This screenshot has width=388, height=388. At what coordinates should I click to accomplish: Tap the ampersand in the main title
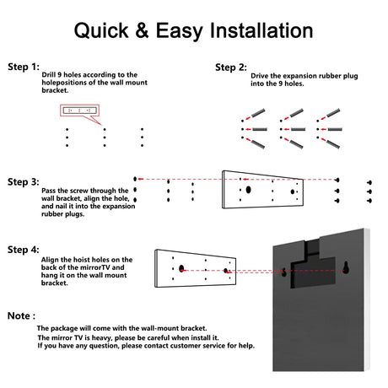(x=142, y=30)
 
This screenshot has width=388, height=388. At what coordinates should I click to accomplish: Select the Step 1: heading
(x=24, y=67)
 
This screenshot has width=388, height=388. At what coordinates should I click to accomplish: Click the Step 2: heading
(x=231, y=67)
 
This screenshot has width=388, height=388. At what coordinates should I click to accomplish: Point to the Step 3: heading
(x=24, y=182)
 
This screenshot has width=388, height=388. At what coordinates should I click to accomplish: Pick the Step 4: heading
(x=24, y=250)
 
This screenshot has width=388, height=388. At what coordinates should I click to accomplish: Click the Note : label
(x=21, y=315)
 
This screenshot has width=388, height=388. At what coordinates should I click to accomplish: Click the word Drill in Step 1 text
(x=49, y=75)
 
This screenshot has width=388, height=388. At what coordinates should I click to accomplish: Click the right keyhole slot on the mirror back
(x=346, y=267)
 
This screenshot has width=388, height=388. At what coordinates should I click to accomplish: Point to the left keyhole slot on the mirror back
(x=284, y=272)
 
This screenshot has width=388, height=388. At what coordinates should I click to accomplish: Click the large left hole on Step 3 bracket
(x=248, y=190)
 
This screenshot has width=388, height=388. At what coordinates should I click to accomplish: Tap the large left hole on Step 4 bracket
(x=181, y=268)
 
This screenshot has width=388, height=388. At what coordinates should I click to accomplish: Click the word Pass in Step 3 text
(x=48, y=191)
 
